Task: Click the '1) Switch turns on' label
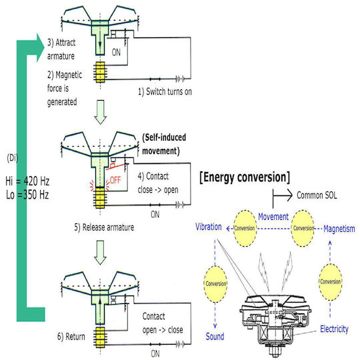[165, 91]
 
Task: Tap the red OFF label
[115, 180]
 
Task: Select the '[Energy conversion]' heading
[245, 177]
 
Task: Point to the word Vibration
[209, 227]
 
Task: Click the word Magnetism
[339, 229]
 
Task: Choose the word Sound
[215, 337]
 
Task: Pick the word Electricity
[334, 329]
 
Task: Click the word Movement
[273, 217]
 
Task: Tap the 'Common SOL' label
[317, 195]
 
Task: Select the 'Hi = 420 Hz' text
[27, 181]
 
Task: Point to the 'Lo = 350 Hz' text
[27, 195]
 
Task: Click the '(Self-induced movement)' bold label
[164, 144]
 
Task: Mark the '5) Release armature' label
[104, 227]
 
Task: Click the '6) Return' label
[71, 337]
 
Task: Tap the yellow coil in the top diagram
[100, 72]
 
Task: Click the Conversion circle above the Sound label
[215, 284]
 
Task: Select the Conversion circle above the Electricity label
[331, 282]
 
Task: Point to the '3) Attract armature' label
[61, 49]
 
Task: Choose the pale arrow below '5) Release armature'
[100, 253]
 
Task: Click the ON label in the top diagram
[116, 53]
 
